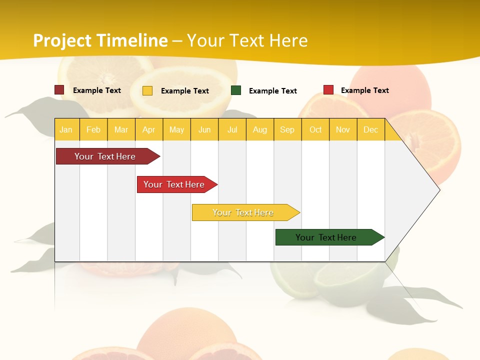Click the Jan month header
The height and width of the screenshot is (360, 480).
tap(66, 129)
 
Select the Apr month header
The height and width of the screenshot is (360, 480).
tap(148, 129)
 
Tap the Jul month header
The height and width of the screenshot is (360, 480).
tap(232, 129)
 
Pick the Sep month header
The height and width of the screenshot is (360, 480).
tap(287, 129)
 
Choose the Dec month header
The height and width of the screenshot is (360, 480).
tap(370, 129)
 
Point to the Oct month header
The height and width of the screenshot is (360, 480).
tap(315, 129)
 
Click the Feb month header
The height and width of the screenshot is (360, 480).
tap(93, 129)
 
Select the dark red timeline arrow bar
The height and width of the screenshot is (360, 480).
tap(105, 156)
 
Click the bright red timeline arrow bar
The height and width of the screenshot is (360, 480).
tap(174, 184)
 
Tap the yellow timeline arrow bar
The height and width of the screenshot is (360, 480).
tap(243, 212)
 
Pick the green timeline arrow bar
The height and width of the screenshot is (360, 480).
tap(326, 237)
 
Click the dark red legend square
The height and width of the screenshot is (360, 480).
tap(59, 90)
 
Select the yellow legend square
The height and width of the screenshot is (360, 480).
tap(147, 90)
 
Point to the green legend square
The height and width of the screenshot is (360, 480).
tap(236, 90)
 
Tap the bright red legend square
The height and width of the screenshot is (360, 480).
tap(328, 90)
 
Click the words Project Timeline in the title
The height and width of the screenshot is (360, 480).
tap(100, 40)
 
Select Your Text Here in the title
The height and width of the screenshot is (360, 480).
tap(247, 40)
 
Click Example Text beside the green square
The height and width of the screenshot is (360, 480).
tap(272, 91)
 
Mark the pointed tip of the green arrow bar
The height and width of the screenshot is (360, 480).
tap(383, 237)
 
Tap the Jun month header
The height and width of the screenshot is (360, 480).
tap(204, 129)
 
